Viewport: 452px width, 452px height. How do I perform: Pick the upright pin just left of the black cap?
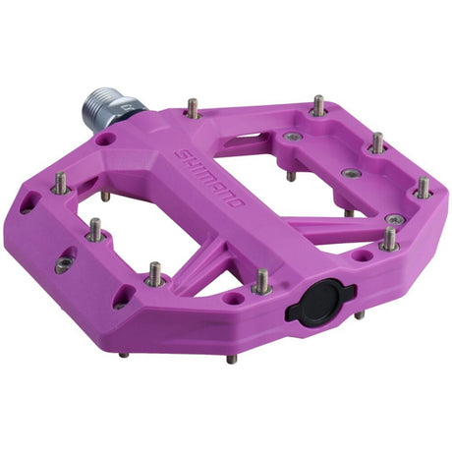262,283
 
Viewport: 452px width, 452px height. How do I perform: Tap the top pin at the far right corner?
423,187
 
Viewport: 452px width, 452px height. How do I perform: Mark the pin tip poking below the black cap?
359,315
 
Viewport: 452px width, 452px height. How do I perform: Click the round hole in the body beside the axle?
105,140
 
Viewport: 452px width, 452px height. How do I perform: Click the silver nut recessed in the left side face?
64,265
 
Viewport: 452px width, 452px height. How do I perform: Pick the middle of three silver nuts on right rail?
351,173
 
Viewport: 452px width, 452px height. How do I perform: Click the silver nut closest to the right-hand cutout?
292,137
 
